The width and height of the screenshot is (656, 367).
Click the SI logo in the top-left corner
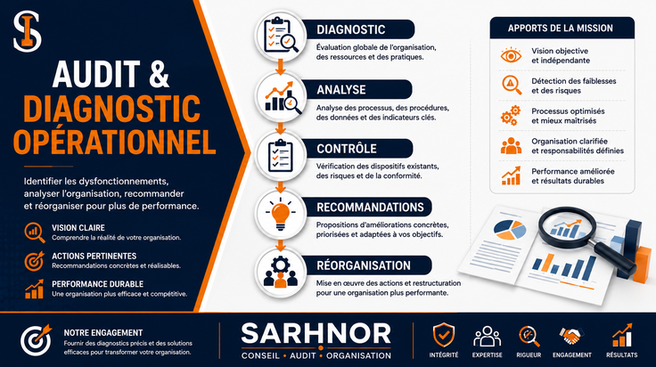pos(28,31)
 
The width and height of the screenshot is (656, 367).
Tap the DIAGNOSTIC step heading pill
pos(358,29)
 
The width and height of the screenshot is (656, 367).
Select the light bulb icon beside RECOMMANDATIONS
pos(280,214)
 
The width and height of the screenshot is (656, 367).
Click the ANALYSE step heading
pos(341,89)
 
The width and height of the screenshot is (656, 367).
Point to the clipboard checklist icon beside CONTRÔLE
pos(280,155)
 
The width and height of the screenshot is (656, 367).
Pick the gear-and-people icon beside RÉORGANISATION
pos(280,272)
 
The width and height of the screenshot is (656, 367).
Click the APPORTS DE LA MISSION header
pos(561,28)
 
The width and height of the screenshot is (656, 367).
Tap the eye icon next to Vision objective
pos(511,55)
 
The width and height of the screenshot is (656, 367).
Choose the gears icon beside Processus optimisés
pos(511,116)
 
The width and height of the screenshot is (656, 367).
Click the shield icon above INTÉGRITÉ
pos(444,335)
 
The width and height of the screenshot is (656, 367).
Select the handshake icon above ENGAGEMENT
pos(571,336)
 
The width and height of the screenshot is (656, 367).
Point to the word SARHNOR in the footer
pos(316,334)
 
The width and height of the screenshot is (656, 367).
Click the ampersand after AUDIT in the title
pos(159,74)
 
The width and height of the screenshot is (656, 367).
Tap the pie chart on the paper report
pos(510,230)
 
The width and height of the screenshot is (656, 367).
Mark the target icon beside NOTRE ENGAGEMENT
pos(36,339)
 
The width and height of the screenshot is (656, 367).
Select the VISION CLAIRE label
pos(78,228)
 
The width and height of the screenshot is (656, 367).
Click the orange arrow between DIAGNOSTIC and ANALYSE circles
pos(280,67)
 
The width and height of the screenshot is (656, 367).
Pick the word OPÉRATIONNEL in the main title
pos(114,143)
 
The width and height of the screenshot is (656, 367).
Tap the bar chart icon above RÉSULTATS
pos(622,335)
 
